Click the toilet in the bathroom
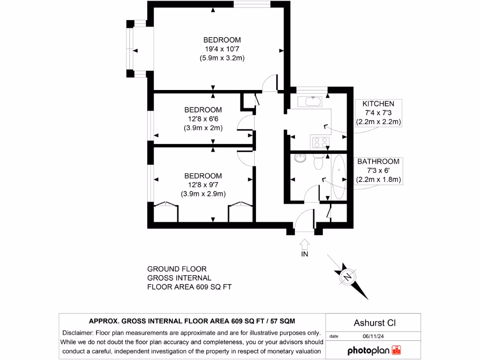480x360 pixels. [x=318, y=164]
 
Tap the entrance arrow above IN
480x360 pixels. [x=304, y=244]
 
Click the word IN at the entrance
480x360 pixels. [x=304, y=254]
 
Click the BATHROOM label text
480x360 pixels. [x=378, y=161]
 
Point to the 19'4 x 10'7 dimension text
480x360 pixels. [x=222, y=49]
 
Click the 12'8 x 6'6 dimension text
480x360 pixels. [x=203, y=119]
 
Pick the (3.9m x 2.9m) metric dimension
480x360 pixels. [x=203, y=194]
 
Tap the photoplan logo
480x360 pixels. [x=374, y=350]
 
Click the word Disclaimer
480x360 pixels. [x=78, y=332]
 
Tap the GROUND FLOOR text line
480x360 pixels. [x=177, y=269]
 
